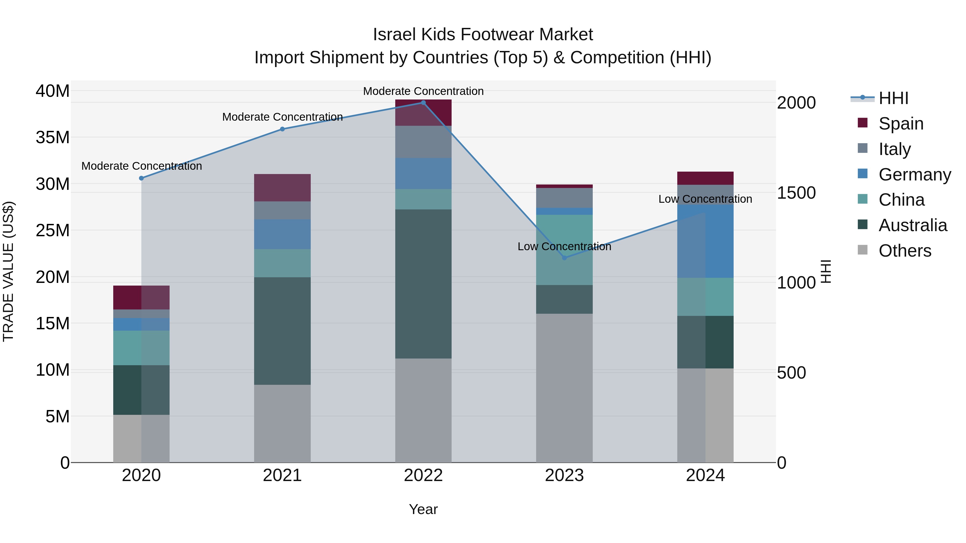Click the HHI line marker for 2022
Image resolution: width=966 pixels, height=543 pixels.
[423, 103]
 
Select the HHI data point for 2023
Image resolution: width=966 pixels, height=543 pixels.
[564, 258]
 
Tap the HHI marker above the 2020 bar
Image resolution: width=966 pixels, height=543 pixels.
[141, 178]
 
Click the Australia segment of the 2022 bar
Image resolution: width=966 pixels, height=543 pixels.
[423, 284]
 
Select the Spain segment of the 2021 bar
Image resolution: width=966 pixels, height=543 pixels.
[282, 188]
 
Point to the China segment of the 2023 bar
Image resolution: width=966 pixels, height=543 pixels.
[564, 250]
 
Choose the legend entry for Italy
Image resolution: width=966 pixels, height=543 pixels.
[894, 149]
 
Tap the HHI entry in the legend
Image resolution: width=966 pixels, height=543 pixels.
[893, 98]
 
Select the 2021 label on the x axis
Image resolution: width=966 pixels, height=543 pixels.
[282, 475]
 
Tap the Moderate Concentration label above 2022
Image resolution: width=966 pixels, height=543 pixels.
[423, 91]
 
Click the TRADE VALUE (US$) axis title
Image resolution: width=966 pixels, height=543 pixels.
[8, 271]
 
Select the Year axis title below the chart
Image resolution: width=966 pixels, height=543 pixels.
[423, 509]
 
